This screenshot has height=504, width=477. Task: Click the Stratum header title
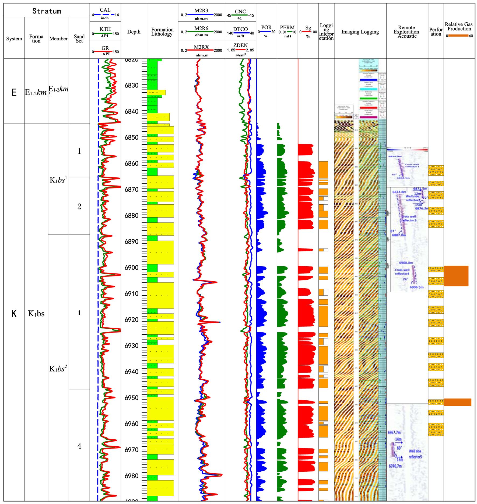[x=47, y=11]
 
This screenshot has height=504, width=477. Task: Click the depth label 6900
[x=131, y=268]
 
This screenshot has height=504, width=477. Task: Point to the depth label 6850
[x=131, y=138]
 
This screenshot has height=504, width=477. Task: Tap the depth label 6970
[x=131, y=450]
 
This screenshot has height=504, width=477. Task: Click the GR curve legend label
[x=105, y=48]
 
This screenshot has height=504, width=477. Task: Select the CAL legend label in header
[x=105, y=10]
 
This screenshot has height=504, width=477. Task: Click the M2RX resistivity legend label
[x=201, y=47]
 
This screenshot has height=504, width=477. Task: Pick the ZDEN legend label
[x=240, y=45]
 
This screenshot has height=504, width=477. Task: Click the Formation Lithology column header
[x=162, y=32]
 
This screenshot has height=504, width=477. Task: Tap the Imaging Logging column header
[x=360, y=32]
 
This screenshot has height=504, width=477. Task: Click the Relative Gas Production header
[x=458, y=26]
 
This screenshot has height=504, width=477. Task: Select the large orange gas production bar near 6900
[x=456, y=276]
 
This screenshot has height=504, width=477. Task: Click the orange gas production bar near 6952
[x=457, y=402]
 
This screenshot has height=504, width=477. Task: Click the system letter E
[x=14, y=93]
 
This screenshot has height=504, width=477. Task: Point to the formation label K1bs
[x=36, y=314]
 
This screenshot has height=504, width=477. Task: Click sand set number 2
[x=79, y=206]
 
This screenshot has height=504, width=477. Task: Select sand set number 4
[x=79, y=446]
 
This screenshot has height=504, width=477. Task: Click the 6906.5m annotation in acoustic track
[x=416, y=287]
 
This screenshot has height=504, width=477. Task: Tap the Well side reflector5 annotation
[x=415, y=454]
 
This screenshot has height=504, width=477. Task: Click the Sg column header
[x=308, y=28]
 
